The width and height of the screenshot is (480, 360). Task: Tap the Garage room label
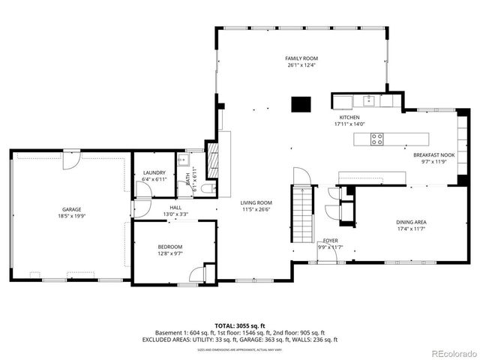tap(71, 209)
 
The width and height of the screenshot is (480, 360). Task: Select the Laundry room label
tap(154, 172)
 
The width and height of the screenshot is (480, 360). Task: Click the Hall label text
tap(175, 208)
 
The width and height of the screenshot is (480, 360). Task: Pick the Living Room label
tap(256, 202)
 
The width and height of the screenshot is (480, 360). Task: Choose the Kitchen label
tap(349, 118)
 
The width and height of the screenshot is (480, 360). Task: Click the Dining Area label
tap(411, 222)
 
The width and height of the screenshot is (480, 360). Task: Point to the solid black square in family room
tap(301, 103)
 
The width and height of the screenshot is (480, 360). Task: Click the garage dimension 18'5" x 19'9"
tap(71, 217)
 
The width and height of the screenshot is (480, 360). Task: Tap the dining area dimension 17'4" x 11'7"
tap(411, 229)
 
